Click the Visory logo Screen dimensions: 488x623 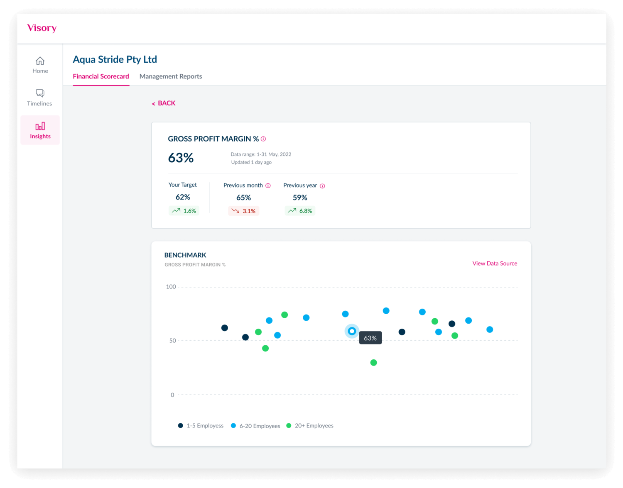(42, 28)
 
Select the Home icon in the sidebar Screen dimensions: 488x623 (40, 61)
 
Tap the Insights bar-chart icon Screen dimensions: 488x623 (40, 126)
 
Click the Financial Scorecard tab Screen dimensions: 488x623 (101, 76)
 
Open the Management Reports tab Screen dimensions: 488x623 (171, 76)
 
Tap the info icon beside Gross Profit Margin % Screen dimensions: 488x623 (263, 139)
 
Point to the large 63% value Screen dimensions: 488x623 (181, 158)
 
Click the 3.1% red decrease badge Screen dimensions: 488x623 (244, 211)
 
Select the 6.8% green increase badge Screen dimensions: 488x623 (300, 211)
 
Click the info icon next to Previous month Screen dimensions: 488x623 (268, 185)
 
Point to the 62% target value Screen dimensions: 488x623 (183, 197)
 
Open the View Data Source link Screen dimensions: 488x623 (495, 264)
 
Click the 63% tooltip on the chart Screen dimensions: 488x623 (370, 338)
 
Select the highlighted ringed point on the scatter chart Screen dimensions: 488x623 (352, 331)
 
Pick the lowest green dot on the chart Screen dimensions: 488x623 (373, 363)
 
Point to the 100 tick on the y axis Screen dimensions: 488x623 (171, 287)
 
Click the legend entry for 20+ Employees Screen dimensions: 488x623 (310, 426)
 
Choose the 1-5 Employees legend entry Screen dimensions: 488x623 (201, 426)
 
